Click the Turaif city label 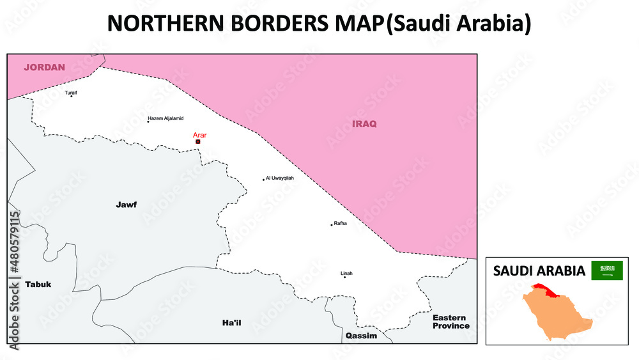coord(71,92)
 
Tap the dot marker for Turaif coord(72,97)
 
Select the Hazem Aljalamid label coord(166,118)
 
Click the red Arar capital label coord(200,135)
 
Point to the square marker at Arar coord(198,142)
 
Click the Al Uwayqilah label coord(280,178)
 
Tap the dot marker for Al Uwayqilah coord(263,180)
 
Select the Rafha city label coord(340,224)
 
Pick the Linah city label coord(347,274)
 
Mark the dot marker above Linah coord(344,278)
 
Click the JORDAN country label coord(45,67)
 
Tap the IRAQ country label coord(364,123)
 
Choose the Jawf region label coord(126,205)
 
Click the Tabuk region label coord(38,284)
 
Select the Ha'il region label coord(231,323)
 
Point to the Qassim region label coord(361,336)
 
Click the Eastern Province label coord(450,322)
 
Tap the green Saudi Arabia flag coord(607,270)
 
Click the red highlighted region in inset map coord(547,290)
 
